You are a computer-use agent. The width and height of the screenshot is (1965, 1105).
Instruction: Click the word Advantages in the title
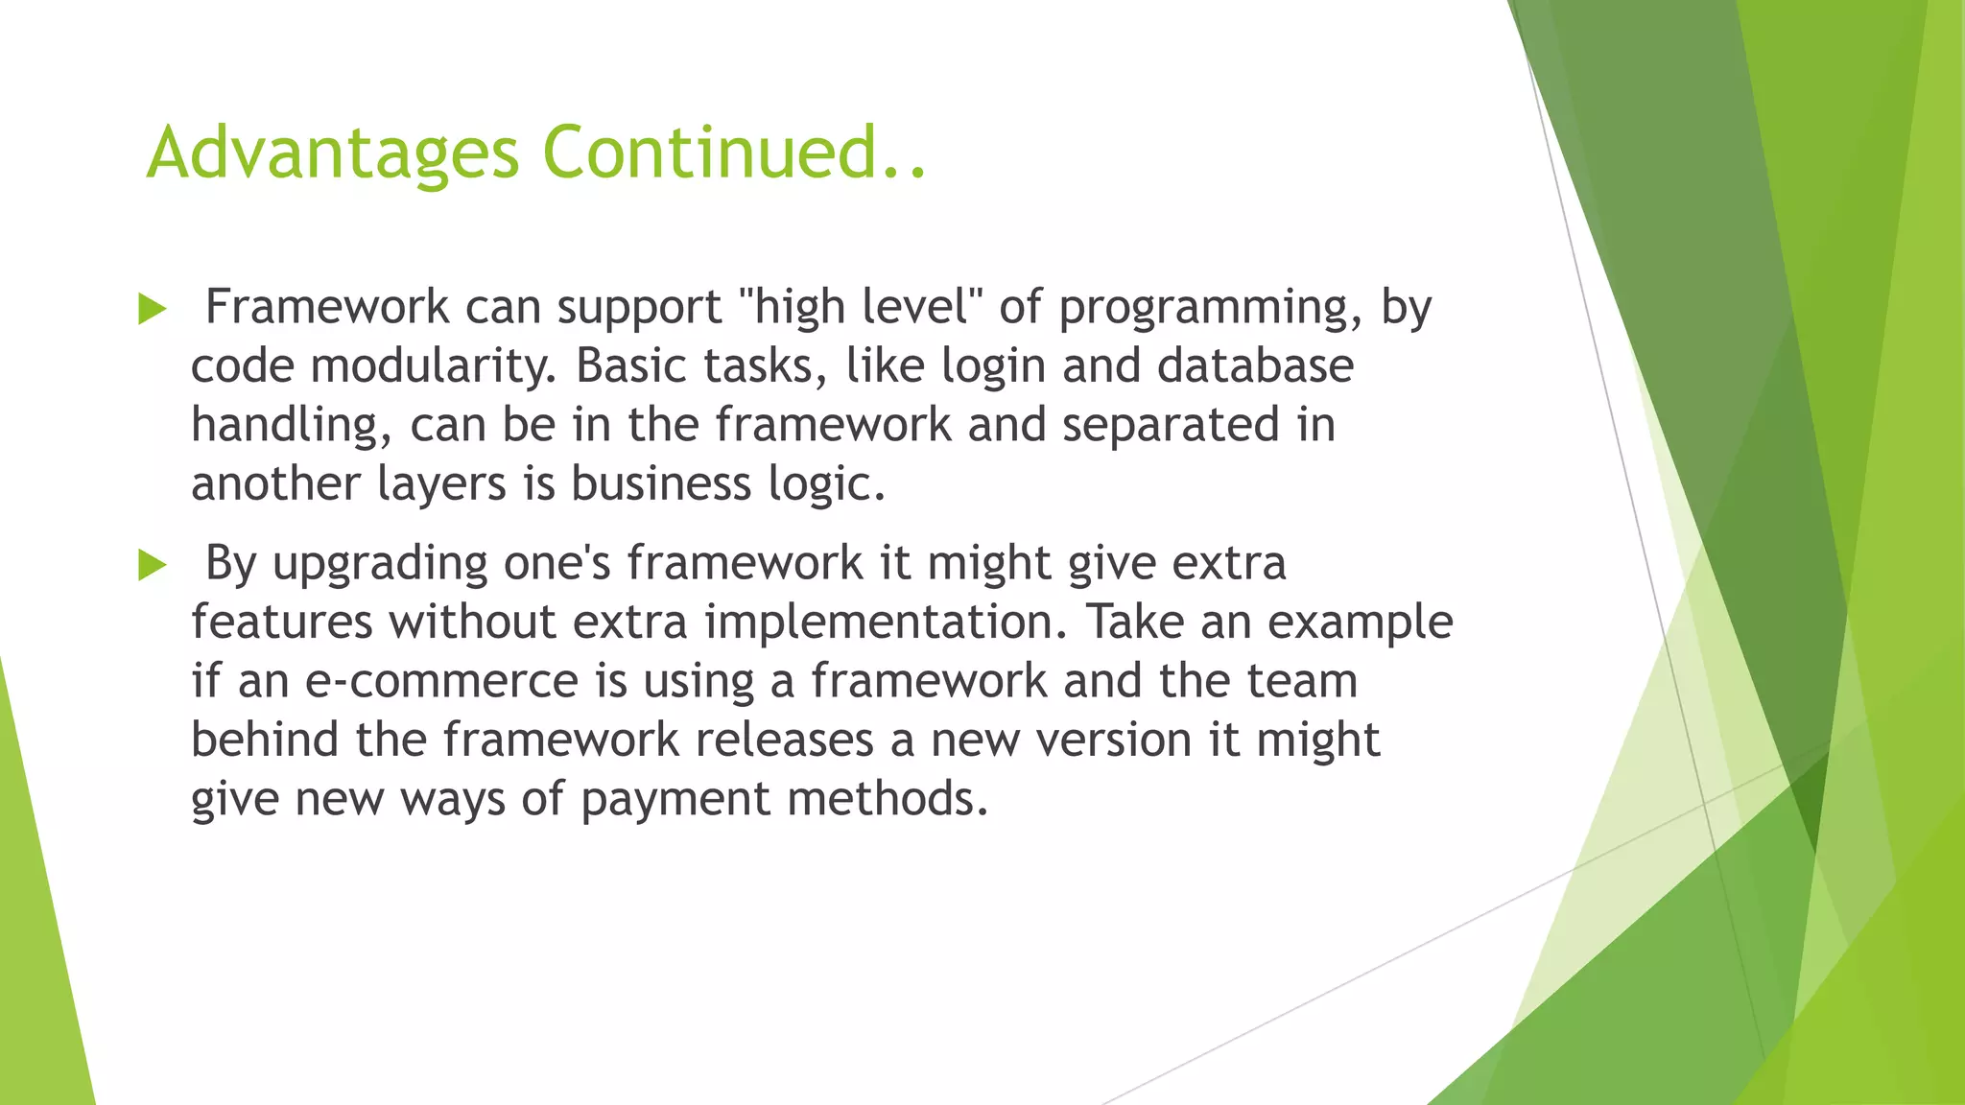coord(332,153)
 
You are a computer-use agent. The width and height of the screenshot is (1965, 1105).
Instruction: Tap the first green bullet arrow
coord(153,309)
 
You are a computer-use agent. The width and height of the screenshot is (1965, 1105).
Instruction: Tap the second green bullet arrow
coord(153,565)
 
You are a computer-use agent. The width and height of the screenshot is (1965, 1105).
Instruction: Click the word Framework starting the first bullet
coord(327,307)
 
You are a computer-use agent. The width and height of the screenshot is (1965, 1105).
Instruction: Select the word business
coord(661,483)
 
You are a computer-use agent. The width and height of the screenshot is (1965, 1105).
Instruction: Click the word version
coord(1113,741)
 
